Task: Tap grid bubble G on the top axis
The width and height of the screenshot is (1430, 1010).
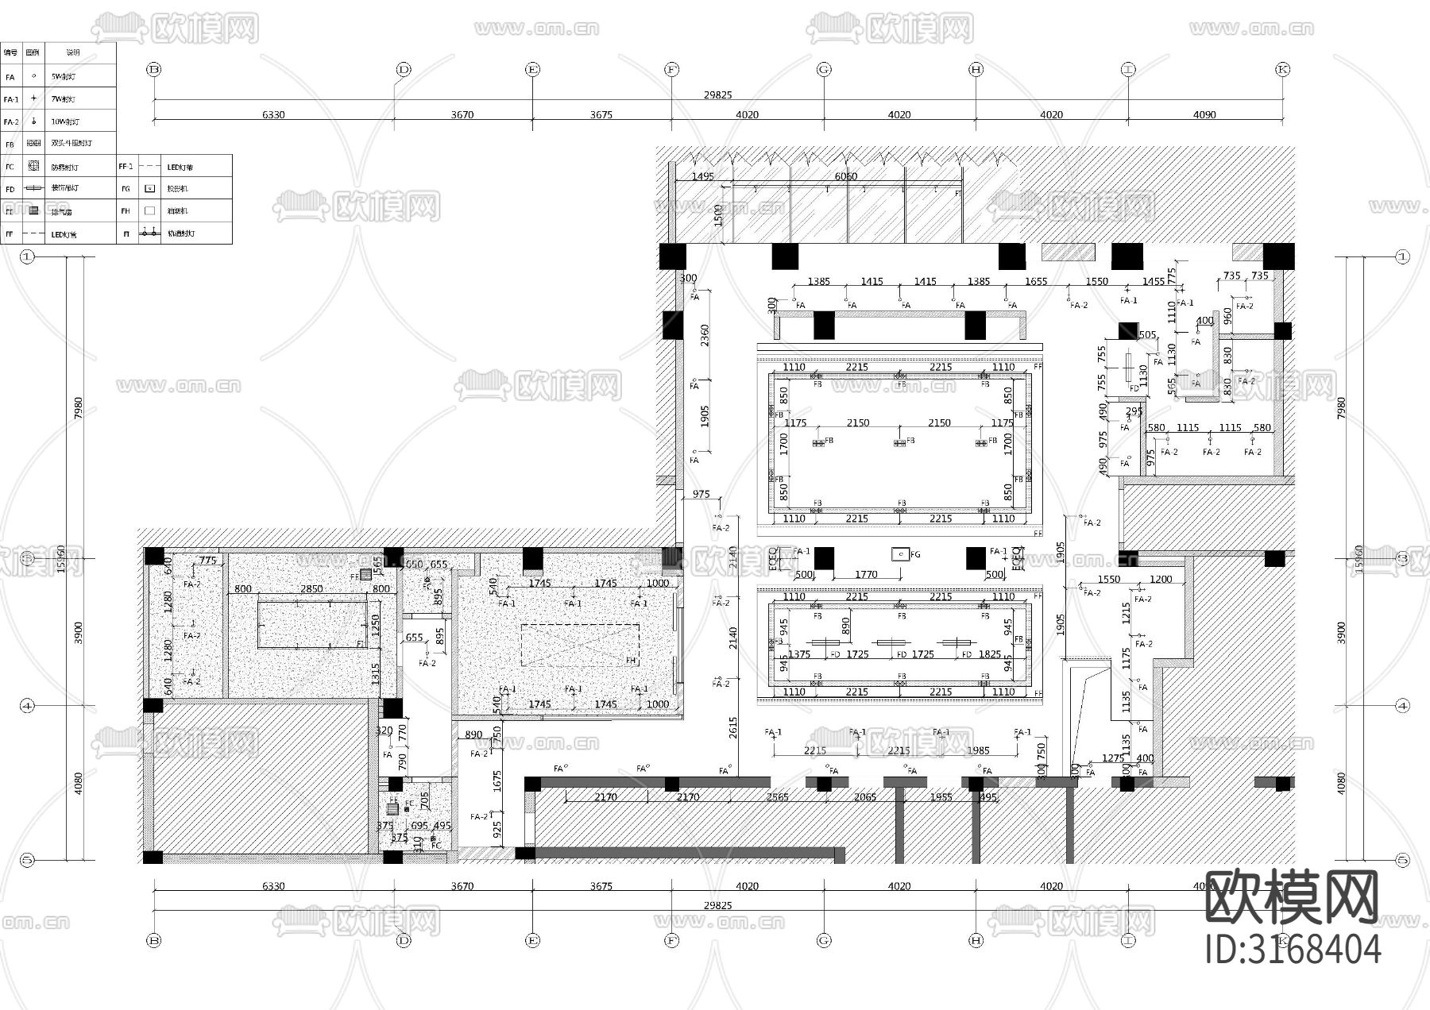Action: coord(824,70)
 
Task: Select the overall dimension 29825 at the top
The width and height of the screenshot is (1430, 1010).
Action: coord(717,94)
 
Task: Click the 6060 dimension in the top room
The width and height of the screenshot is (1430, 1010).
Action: coord(845,176)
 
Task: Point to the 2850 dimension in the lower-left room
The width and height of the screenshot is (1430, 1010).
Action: coord(311,589)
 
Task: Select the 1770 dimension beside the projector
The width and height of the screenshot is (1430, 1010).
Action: coord(866,574)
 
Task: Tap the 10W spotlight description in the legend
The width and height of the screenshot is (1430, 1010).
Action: coord(65,122)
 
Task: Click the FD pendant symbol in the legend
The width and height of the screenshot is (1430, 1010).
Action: coord(33,189)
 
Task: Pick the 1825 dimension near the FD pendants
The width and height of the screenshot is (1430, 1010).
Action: coord(990,654)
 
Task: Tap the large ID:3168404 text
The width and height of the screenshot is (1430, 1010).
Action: coord(1293,950)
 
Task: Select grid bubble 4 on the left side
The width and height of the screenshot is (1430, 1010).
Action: coord(28,705)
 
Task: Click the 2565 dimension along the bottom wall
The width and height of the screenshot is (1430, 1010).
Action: coord(777,796)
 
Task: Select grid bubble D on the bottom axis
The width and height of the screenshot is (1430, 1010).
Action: coord(404,940)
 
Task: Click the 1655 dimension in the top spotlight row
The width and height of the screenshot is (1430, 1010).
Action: coord(1036,281)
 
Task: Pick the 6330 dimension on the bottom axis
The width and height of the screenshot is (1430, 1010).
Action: coord(272,886)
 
